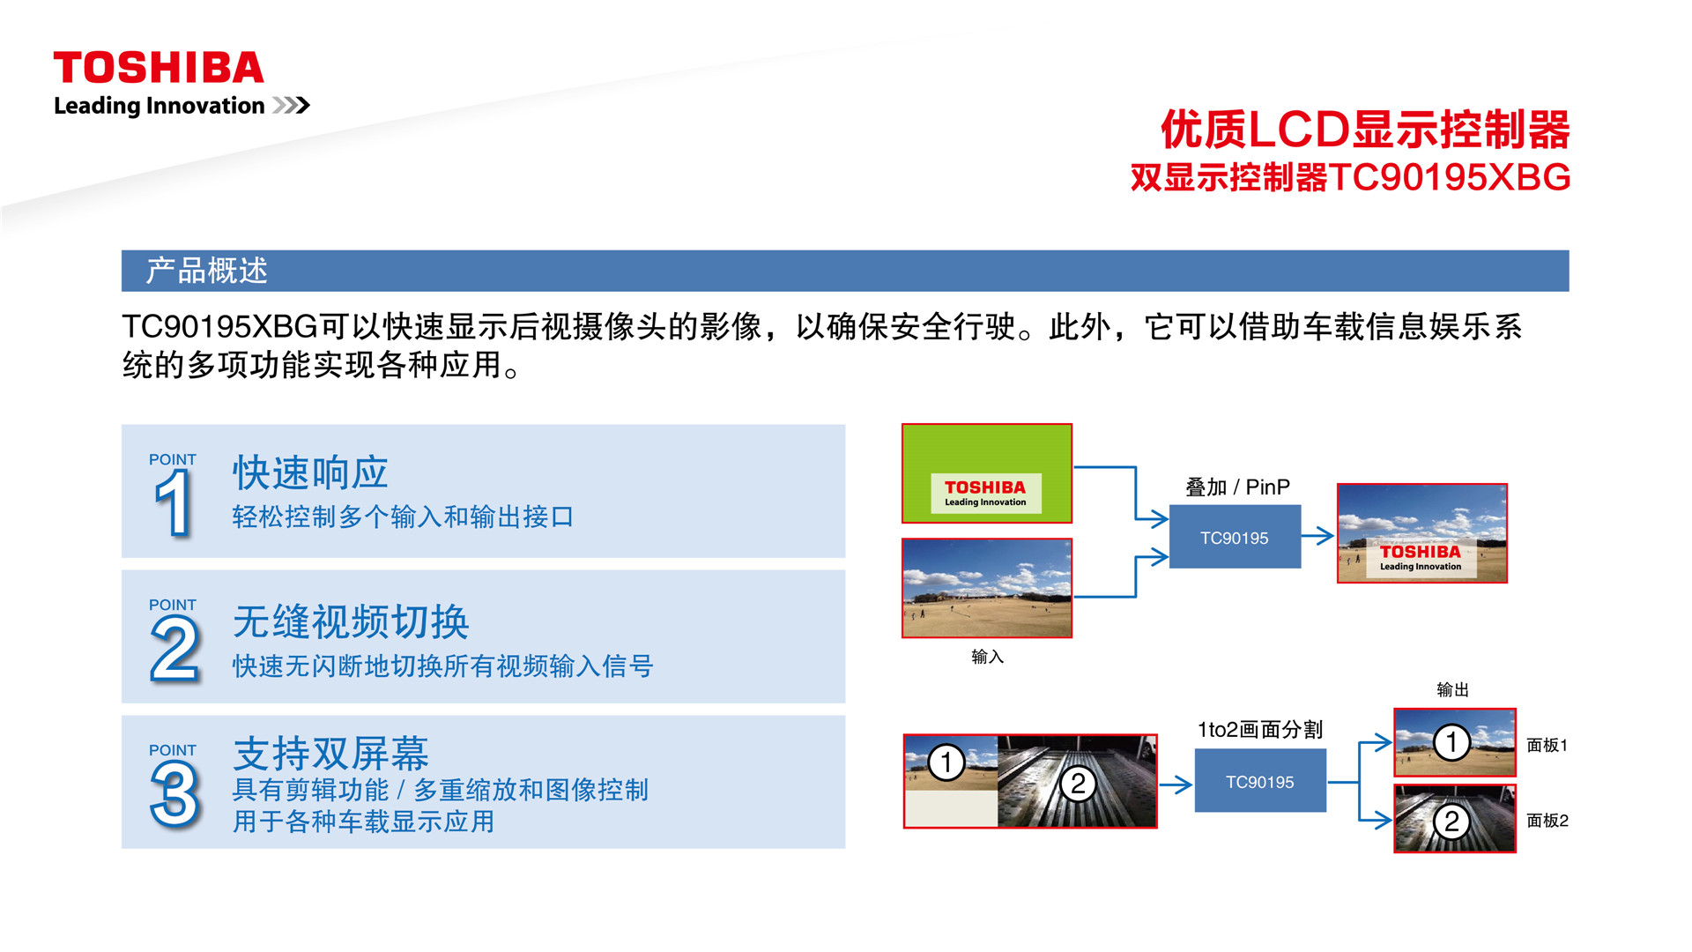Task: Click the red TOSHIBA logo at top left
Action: (x=159, y=68)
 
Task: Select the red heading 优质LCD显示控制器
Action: (x=1365, y=130)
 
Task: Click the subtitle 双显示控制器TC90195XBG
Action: (x=1350, y=177)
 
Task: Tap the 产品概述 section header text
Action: (x=207, y=271)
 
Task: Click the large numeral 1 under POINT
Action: (x=174, y=502)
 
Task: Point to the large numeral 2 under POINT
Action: (x=174, y=649)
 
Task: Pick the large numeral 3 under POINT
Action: (x=174, y=794)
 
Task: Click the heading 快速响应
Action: (x=310, y=473)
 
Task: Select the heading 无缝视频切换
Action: (x=351, y=621)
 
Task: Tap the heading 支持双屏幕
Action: (x=330, y=754)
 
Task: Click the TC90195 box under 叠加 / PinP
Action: (x=1235, y=537)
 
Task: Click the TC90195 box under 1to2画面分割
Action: (x=1260, y=781)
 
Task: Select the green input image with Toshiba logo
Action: (x=987, y=473)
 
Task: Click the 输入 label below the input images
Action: (x=987, y=657)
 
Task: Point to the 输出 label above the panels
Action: (x=1452, y=689)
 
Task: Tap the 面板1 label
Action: (x=1547, y=745)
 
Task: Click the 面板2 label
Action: (x=1547, y=821)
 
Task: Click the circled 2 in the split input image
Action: (x=1078, y=784)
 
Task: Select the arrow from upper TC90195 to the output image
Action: (x=1317, y=535)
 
